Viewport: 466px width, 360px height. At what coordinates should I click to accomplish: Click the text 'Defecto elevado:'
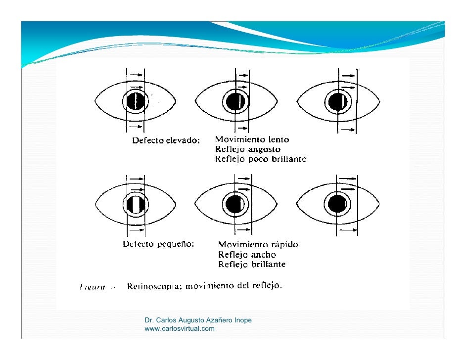click(x=166, y=140)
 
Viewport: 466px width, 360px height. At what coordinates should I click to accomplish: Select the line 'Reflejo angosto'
click(x=248, y=150)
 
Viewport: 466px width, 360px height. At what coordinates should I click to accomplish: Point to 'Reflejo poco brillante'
click(x=260, y=159)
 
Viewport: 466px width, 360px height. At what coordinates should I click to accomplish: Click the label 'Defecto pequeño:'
click(x=158, y=244)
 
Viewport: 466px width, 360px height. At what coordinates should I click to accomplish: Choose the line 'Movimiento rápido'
click(x=258, y=245)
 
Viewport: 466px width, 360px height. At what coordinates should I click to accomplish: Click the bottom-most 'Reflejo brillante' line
click(x=252, y=265)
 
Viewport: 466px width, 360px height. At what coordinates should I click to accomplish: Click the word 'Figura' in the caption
click(x=92, y=286)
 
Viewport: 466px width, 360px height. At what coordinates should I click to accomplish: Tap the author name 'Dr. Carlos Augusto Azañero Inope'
click(x=198, y=320)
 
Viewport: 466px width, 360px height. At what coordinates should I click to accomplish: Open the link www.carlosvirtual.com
click(x=180, y=329)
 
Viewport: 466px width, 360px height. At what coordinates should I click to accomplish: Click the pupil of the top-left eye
click(x=136, y=101)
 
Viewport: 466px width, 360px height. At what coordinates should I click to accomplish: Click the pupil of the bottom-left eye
click(x=135, y=204)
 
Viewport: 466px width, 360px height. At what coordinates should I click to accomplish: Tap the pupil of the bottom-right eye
click(x=337, y=203)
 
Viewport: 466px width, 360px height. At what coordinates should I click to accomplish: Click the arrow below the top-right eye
click(x=348, y=130)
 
